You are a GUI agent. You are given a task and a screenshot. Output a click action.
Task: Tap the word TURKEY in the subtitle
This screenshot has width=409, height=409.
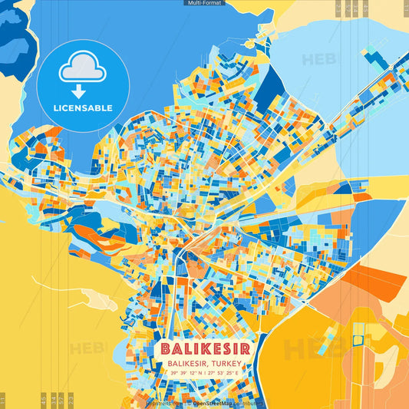(x=227, y=363)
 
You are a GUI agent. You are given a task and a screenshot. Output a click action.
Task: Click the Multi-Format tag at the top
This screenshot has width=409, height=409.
(x=204, y=3)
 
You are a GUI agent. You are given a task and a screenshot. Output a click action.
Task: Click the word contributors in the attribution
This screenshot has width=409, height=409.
(x=248, y=403)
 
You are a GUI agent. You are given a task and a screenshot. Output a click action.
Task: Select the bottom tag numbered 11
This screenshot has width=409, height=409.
(x=3, y=400)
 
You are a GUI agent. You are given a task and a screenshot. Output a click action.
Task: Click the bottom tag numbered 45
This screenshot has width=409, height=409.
(x=43, y=400)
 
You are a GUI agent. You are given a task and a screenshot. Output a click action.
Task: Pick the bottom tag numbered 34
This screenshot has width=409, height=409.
(x=54, y=400)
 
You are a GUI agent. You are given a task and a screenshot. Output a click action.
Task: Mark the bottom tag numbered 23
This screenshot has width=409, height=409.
(x=71, y=400)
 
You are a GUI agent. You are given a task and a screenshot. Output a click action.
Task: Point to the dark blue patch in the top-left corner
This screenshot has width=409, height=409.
(x=14, y=46)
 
